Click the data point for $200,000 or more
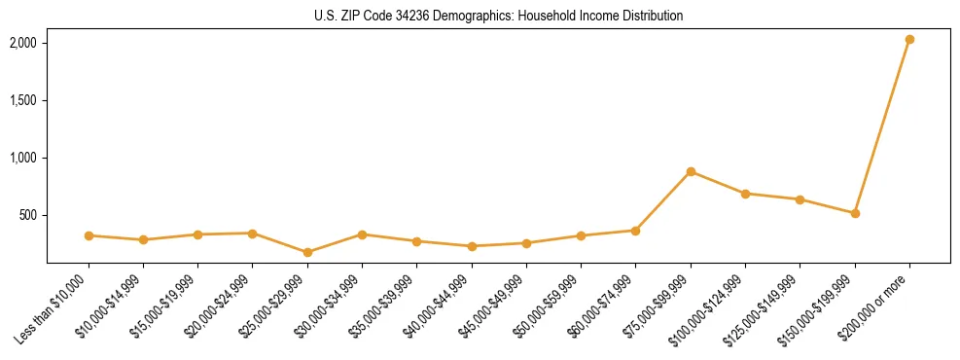[x=909, y=39]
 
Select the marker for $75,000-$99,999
[x=691, y=171]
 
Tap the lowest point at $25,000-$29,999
[x=307, y=252]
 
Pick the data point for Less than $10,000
[x=89, y=235]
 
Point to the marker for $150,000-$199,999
[x=855, y=213]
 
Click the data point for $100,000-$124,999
[x=745, y=194]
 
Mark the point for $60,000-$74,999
[x=635, y=231]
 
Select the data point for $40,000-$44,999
[x=472, y=246]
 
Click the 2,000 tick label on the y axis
[x=23, y=43]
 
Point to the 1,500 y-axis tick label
[x=23, y=100]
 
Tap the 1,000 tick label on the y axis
[x=23, y=158]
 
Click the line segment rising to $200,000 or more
[x=882, y=126]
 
